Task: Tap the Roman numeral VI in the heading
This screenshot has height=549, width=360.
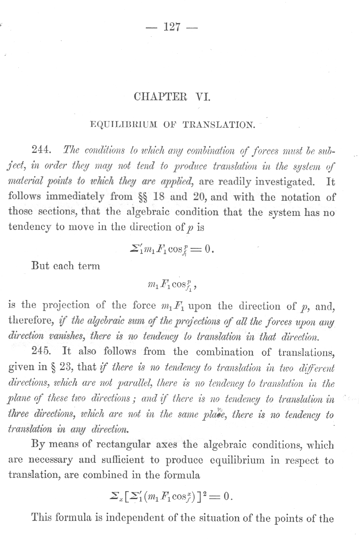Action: [202, 96]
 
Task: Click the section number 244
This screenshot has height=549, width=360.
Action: [41, 149]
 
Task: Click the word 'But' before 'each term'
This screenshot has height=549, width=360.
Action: [40, 265]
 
